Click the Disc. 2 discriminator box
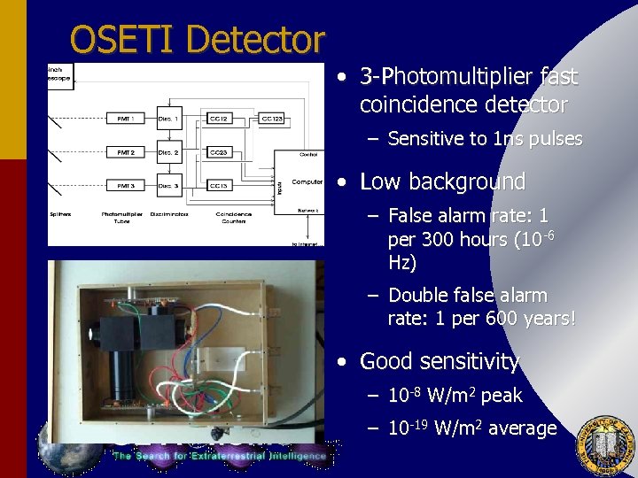tap(168, 152)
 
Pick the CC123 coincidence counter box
tap(273, 119)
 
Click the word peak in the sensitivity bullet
tap(502, 396)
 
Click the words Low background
tap(442, 182)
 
